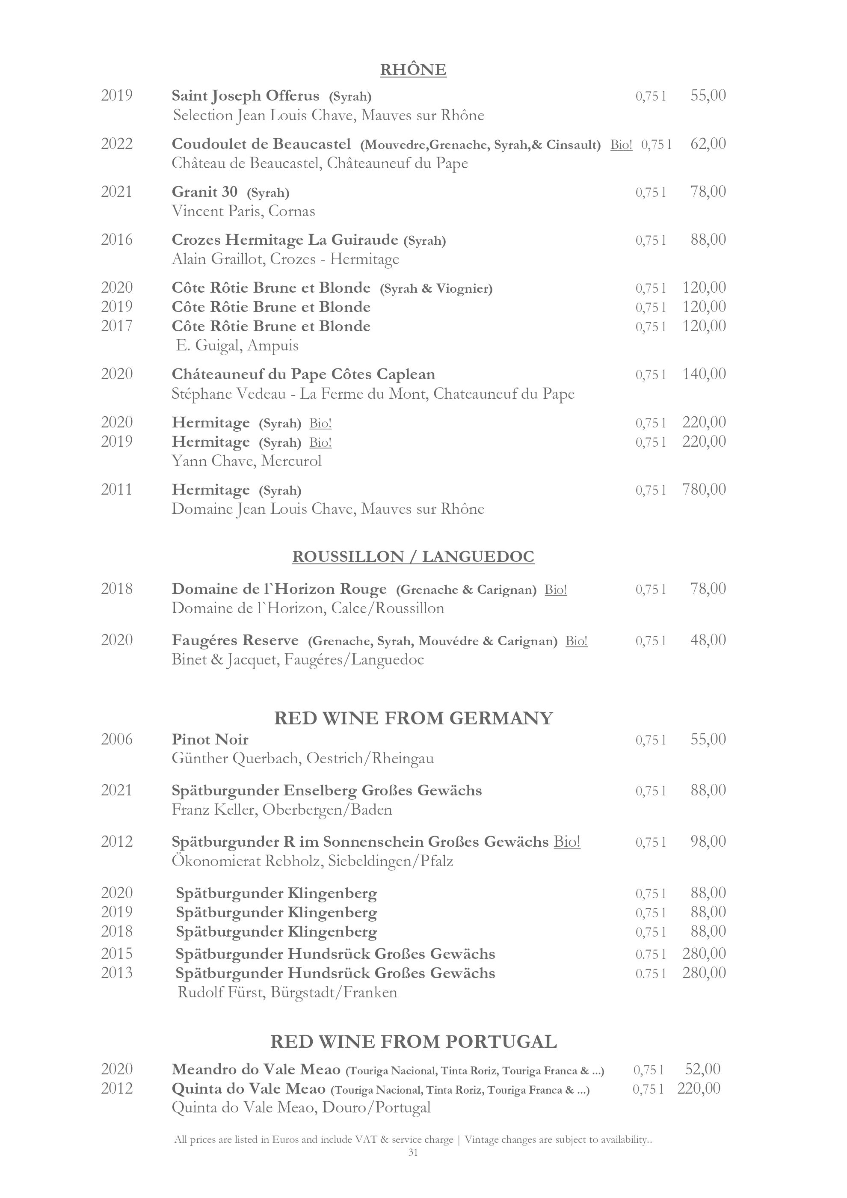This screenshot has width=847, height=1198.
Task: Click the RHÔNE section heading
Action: pyautogui.click(x=413, y=70)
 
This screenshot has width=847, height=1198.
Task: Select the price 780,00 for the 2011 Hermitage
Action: pyautogui.click(x=704, y=489)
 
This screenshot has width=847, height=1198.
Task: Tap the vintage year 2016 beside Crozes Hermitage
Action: pyautogui.click(x=117, y=240)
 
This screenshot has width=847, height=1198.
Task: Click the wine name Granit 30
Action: pyautogui.click(x=204, y=192)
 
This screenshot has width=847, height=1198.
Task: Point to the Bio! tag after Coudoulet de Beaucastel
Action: pyautogui.click(x=621, y=145)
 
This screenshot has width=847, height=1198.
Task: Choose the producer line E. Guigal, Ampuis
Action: pyautogui.click(x=237, y=345)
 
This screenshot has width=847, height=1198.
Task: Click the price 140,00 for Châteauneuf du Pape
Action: pyautogui.click(x=704, y=374)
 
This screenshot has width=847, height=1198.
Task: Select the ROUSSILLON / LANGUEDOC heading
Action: pyautogui.click(x=413, y=557)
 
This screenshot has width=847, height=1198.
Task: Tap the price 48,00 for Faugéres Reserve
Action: pyautogui.click(x=708, y=640)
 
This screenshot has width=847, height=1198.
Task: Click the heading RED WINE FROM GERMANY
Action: pyautogui.click(x=413, y=718)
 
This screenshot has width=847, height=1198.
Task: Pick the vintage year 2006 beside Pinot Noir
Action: pyautogui.click(x=117, y=739)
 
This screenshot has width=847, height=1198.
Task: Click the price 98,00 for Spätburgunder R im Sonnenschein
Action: pyautogui.click(x=708, y=841)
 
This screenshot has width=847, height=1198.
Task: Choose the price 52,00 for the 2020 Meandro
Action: pyautogui.click(x=702, y=1069)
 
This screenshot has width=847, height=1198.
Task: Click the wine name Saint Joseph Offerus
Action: pyautogui.click(x=245, y=96)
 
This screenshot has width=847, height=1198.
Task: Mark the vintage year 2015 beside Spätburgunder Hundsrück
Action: pyautogui.click(x=117, y=954)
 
